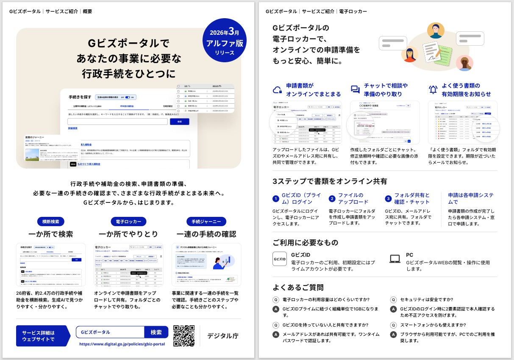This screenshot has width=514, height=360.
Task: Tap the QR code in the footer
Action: coord(184,336)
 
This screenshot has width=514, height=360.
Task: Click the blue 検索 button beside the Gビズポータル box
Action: coord(156,332)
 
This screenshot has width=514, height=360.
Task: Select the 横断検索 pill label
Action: coord(51,222)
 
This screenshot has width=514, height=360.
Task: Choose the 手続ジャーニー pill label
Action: coord(206,222)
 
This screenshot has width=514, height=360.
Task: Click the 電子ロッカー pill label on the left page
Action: coord(128,222)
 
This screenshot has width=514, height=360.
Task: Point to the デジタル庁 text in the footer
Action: coord(222,336)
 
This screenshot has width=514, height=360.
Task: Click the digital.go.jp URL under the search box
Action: coord(122,344)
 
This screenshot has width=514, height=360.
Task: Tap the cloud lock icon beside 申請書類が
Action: coord(278,90)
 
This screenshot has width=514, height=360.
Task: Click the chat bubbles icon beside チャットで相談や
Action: coord(355,90)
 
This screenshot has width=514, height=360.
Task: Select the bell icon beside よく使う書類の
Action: coord(433,90)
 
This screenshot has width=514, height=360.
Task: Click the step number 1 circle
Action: coord(276,199)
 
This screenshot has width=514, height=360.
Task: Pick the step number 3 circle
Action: coord(388,199)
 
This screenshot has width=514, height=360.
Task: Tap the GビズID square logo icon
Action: coord(279,259)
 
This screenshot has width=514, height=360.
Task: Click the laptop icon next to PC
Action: coord(395,259)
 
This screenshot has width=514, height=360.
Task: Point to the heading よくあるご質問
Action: coord(298,288)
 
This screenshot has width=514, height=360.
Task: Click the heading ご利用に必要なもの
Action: coord(306,242)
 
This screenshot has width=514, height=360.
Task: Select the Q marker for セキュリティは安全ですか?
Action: coord(393,300)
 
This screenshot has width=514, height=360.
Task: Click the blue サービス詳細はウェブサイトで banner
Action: coord(42,336)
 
